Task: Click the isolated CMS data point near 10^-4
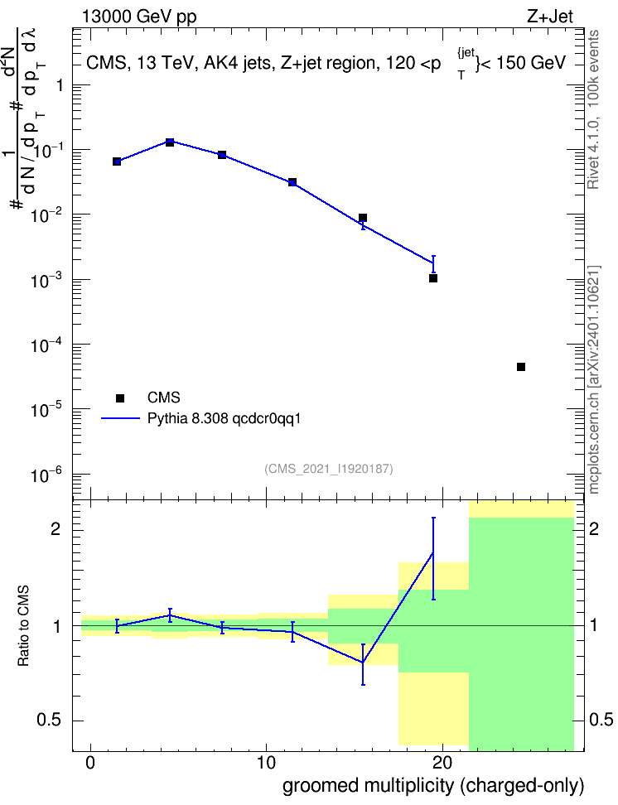(521, 367)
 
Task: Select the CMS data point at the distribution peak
(170, 142)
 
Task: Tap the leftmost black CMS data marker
(117, 161)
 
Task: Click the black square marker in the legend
(120, 398)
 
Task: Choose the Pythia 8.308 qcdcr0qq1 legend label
(224, 418)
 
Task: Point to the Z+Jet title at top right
(550, 17)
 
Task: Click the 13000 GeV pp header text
(139, 17)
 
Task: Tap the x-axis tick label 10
(266, 763)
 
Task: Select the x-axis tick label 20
(442, 763)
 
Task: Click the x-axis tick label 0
(90, 763)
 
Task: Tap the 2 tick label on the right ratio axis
(593, 528)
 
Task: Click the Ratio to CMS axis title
(24, 626)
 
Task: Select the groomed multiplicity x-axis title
(433, 786)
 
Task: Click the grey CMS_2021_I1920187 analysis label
(329, 469)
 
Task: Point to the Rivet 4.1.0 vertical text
(593, 109)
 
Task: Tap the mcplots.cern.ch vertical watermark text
(594, 379)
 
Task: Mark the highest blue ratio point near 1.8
(433, 553)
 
